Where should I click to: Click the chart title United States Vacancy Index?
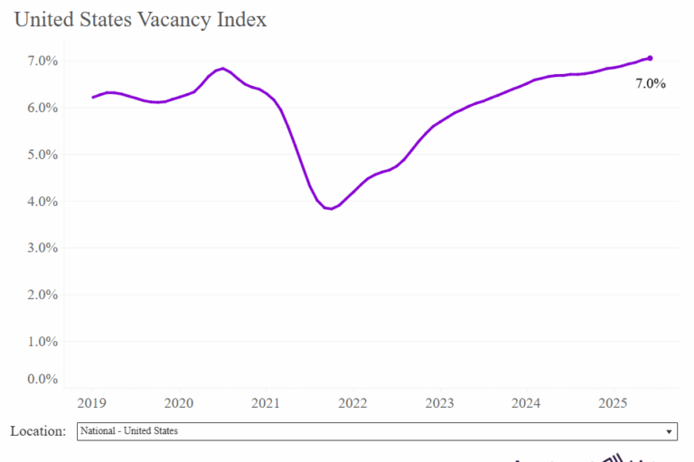click(x=141, y=19)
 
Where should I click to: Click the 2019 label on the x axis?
click(x=92, y=402)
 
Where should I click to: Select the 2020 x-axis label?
click(x=179, y=402)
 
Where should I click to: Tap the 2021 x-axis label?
click(x=266, y=402)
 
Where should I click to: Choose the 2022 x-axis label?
click(x=352, y=402)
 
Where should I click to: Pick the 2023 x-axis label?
click(x=439, y=402)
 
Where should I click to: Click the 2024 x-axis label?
click(x=526, y=402)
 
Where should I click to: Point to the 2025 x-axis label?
click(x=613, y=402)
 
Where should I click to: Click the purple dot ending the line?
click(x=650, y=58)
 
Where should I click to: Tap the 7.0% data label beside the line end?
click(x=650, y=84)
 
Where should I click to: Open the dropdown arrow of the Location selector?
click(x=669, y=432)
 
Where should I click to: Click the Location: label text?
click(x=38, y=431)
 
